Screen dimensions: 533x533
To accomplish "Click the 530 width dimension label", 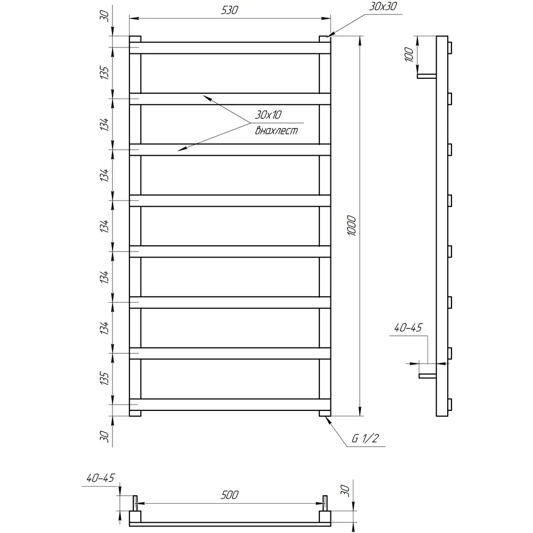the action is pos(230,10).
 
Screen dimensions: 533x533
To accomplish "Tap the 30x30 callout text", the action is pos(383,6).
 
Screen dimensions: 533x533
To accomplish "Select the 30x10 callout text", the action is pos(268,115).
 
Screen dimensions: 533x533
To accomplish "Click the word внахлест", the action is pos(276,131).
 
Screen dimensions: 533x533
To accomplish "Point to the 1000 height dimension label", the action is pos(352,225).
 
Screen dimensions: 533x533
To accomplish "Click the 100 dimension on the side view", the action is pos(409,54).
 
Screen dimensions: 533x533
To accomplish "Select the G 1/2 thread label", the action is pos(365,438).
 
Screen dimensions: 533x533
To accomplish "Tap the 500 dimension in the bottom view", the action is pos(230,495).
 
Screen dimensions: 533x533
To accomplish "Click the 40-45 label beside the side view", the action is pos(408,328).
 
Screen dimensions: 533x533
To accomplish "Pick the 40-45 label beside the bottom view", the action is pos(101,478).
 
